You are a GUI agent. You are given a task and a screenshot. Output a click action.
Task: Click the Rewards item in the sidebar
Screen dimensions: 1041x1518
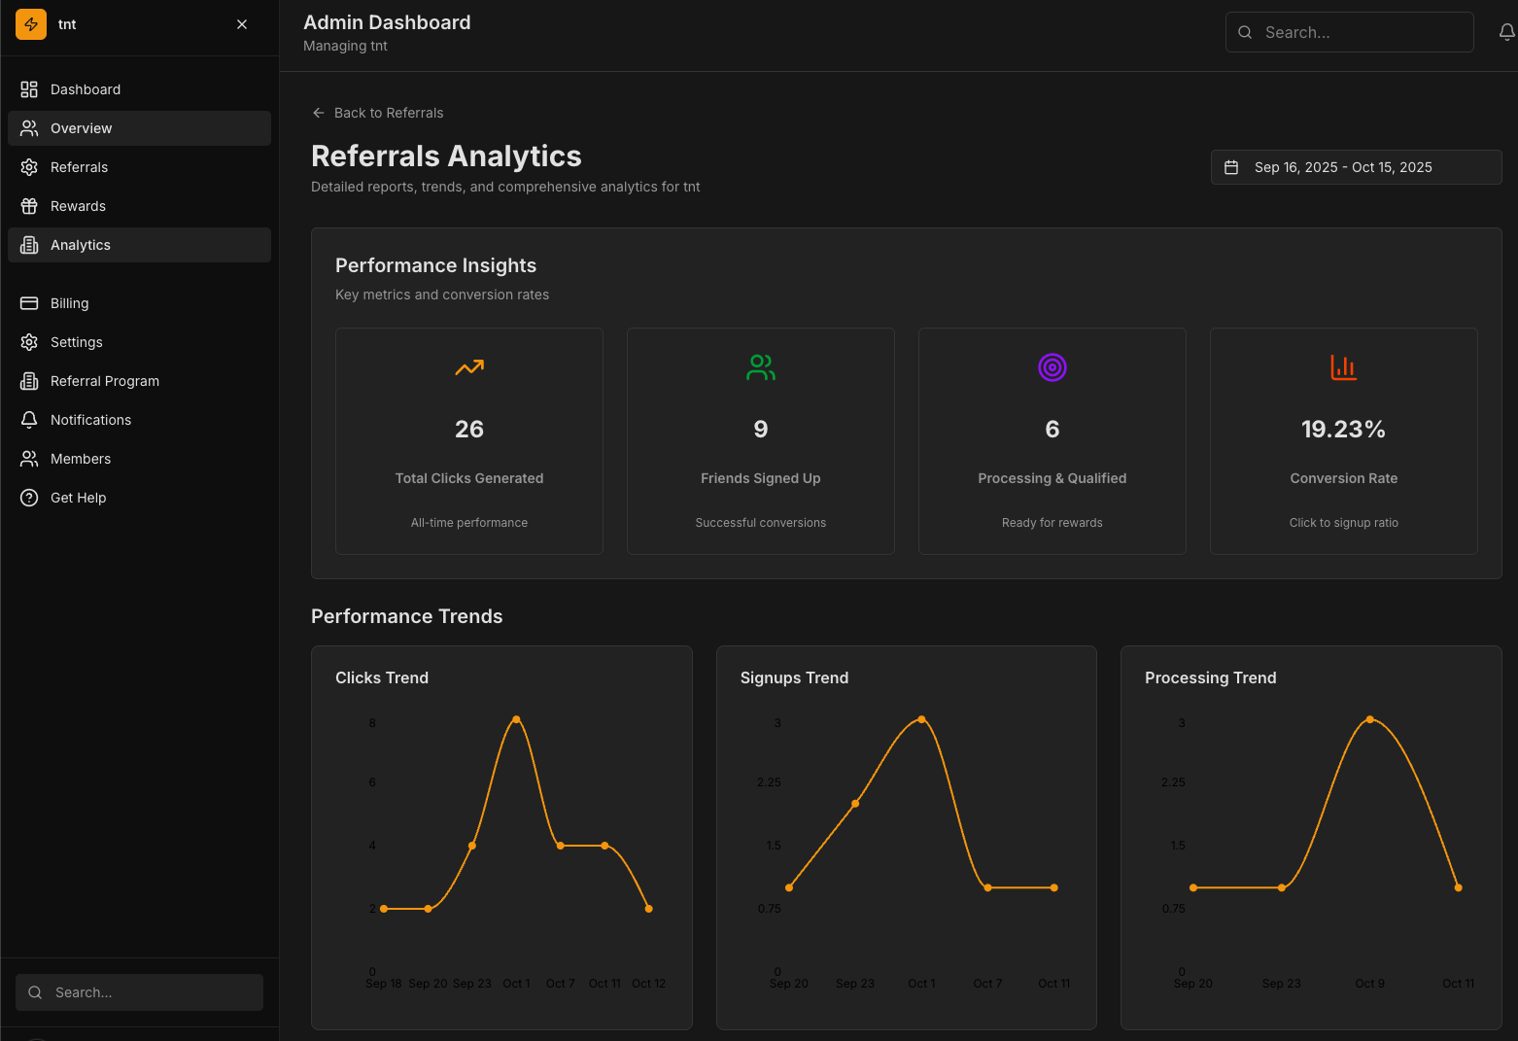click(78, 206)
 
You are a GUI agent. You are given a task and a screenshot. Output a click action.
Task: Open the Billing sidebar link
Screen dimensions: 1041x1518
click(69, 303)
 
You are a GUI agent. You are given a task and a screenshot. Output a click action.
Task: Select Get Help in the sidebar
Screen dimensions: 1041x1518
click(78, 498)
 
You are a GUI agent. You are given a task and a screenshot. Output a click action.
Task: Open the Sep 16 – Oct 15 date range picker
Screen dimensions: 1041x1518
click(1355, 167)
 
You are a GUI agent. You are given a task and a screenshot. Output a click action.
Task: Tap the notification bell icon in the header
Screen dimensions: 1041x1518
click(1506, 32)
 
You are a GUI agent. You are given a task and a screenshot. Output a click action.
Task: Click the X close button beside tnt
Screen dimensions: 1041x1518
click(242, 24)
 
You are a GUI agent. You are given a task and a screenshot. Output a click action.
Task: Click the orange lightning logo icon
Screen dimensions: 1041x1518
click(31, 24)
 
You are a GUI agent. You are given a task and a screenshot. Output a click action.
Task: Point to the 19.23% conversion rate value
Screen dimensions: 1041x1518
click(1343, 430)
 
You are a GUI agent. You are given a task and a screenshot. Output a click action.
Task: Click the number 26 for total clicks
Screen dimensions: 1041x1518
click(469, 430)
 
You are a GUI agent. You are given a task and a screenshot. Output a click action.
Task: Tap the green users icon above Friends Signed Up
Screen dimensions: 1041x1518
click(761, 367)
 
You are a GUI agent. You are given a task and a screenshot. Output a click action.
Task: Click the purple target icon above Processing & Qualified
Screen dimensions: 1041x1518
click(1052, 367)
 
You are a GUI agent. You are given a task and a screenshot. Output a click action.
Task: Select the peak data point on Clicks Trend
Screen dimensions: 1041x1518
click(516, 719)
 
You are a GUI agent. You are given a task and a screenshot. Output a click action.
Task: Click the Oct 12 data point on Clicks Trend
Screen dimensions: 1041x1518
click(648, 909)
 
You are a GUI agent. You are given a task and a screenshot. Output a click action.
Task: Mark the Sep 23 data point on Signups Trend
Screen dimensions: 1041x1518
click(855, 804)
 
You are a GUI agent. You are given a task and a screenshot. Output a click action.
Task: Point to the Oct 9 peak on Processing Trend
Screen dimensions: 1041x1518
click(1369, 719)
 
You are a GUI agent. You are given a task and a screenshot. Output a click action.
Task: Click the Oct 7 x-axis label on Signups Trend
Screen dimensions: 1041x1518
click(987, 984)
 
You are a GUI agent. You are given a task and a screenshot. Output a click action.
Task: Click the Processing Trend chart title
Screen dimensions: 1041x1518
click(1210, 677)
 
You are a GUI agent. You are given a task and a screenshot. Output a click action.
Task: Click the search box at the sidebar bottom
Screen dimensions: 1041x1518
click(139, 992)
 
